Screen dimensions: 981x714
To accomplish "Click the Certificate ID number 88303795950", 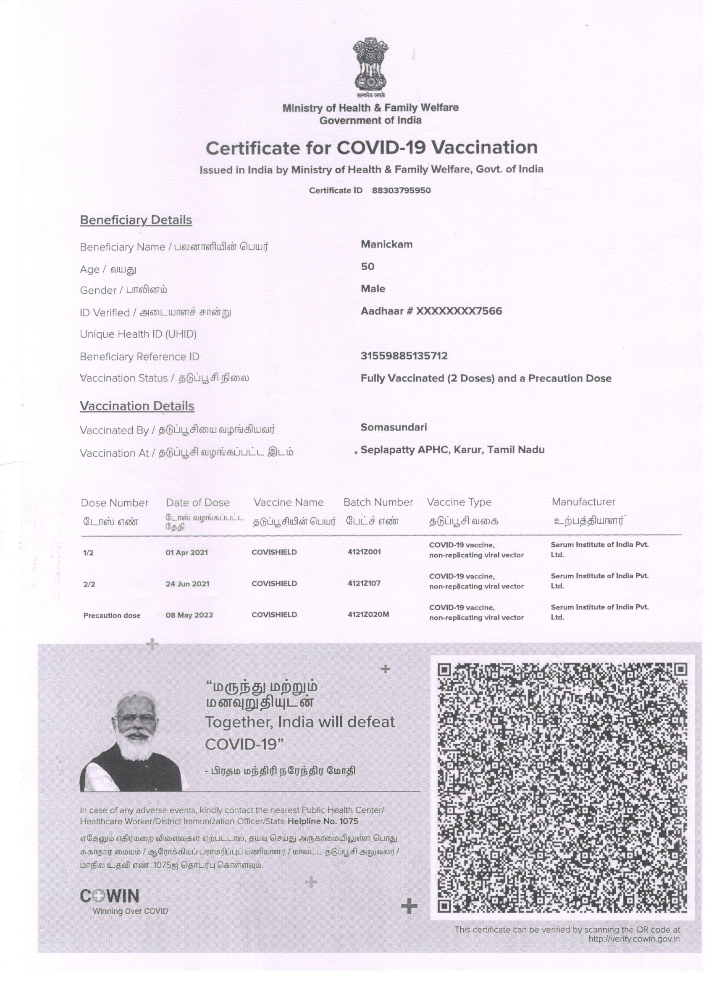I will click(401, 190).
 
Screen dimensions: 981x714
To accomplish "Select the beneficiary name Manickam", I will click(386, 244).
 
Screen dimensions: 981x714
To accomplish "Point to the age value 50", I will click(367, 266).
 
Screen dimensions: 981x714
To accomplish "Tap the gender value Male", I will click(373, 289).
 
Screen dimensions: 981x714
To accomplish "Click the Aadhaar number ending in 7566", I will click(431, 311).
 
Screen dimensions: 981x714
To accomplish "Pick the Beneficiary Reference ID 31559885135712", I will click(404, 356).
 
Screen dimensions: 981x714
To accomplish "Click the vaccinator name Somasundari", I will click(394, 427).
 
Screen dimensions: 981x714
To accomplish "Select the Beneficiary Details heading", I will click(136, 220).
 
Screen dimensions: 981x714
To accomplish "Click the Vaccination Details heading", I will click(137, 406).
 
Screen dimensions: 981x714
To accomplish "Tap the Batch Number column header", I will click(378, 502).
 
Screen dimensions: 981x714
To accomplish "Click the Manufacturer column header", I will click(583, 502).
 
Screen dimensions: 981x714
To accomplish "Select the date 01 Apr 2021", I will click(186, 552).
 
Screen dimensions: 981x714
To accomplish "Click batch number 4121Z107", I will click(364, 583).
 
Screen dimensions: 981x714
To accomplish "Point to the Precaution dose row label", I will click(112, 616).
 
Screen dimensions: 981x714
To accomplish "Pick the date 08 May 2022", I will click(189, 615).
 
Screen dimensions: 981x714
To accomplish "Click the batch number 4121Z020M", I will click(368, 614).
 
